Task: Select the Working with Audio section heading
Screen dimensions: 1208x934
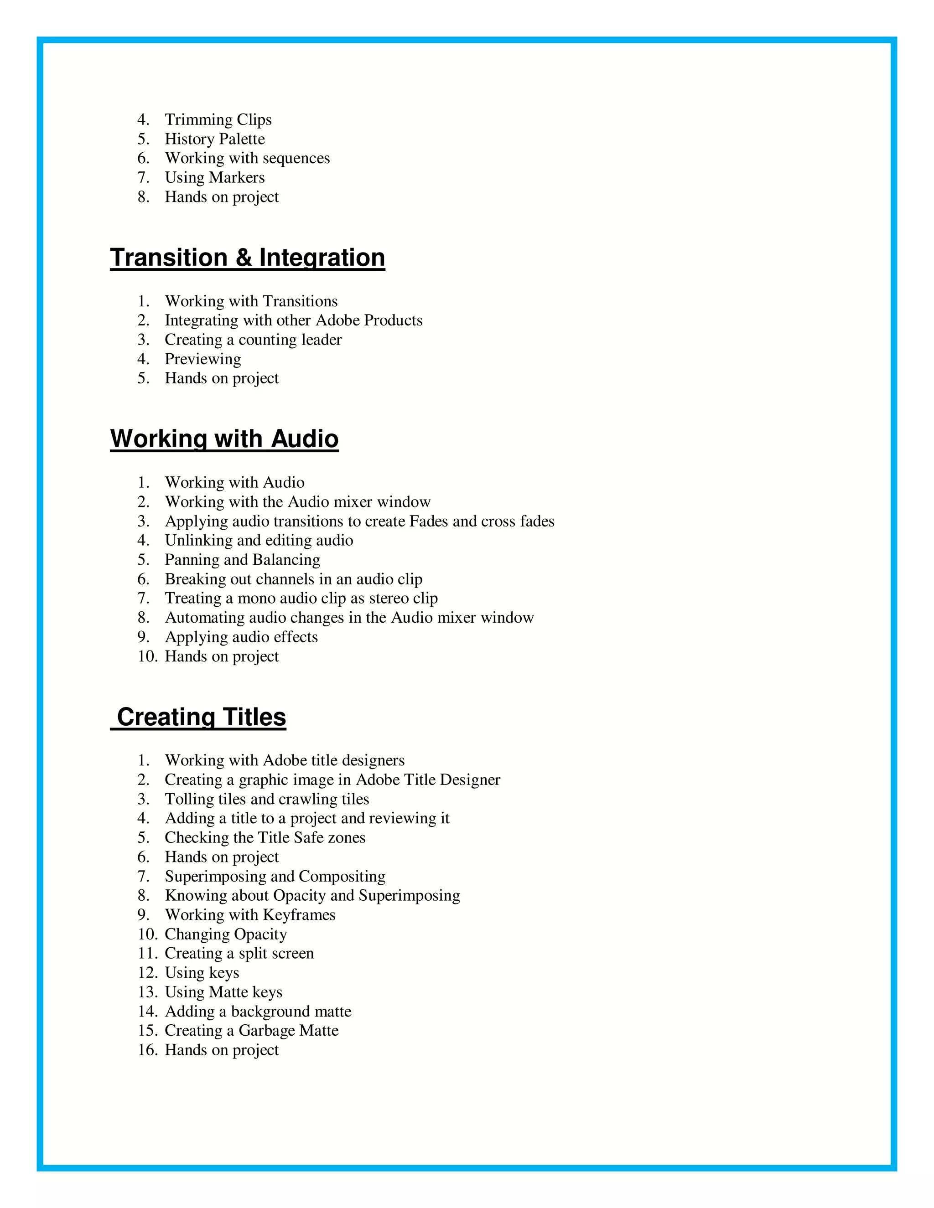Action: [224, 439]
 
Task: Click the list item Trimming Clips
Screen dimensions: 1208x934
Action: [218, 119]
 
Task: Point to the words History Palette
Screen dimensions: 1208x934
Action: [215, 139]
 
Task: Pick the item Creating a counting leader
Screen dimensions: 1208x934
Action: [253, 340]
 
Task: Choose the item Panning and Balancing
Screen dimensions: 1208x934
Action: [242, 560]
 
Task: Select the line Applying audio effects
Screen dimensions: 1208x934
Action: [241, 637]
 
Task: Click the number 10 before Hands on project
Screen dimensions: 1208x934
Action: [148, 656]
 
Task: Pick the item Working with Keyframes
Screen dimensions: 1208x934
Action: [250, 915]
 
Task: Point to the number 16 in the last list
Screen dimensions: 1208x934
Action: [148, 1050]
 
